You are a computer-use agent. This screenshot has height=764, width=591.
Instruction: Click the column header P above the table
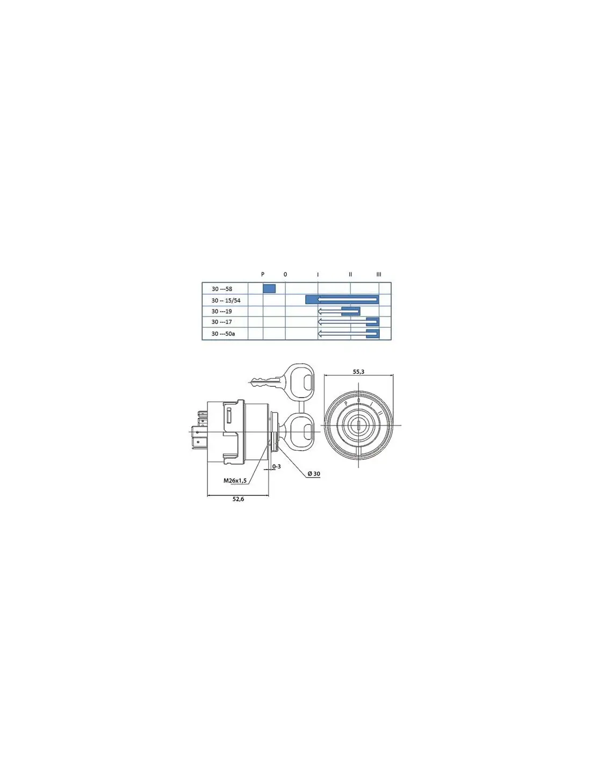[263, 274]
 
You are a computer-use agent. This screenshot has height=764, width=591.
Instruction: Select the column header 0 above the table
[285, 274]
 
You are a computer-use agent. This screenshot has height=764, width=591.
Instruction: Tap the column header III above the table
[379, 274]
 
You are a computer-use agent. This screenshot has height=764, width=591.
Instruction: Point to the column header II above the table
[350, 274]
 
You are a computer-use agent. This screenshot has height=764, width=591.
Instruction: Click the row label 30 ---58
[222, 289]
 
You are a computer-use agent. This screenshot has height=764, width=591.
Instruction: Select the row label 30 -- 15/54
[226, 301]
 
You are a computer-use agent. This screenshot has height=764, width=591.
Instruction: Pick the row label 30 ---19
[222, 312]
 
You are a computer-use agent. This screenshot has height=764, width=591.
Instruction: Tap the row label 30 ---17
[222, 322]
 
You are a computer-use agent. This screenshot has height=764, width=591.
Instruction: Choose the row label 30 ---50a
[224, 334]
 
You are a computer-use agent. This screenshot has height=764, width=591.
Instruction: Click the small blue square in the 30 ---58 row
[269, 289]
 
